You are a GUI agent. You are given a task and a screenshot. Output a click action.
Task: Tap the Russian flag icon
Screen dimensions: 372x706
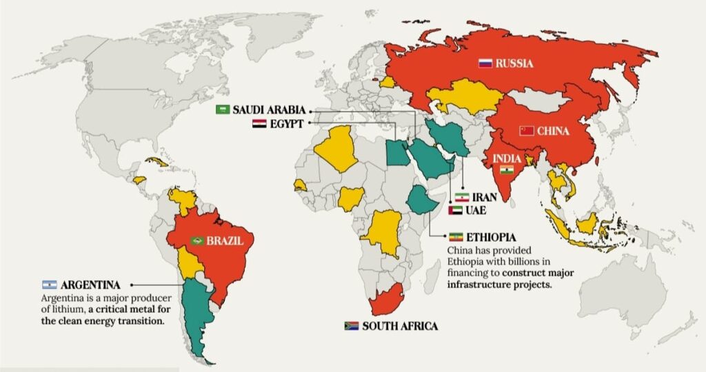click(x=485, y=63)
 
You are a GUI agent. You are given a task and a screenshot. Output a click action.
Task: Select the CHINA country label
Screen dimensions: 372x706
click(x=553, y=131)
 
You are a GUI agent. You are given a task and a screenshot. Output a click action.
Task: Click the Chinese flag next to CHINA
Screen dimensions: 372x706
click(x=527, y=131)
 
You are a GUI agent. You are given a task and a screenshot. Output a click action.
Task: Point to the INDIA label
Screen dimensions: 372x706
click(x=507, y=158)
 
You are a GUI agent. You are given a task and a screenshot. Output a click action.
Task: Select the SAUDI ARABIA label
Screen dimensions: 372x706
click(x=270, y=110)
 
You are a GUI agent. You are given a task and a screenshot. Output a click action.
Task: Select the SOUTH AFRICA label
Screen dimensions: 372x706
click(x=400, y=326)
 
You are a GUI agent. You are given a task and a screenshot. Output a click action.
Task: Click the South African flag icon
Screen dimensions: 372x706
click(x=351, y=326)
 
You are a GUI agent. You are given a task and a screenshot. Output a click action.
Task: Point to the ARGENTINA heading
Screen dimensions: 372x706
click(x=90, y=285)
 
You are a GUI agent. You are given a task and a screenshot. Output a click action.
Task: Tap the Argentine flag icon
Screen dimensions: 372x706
click(x=49, y=285)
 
